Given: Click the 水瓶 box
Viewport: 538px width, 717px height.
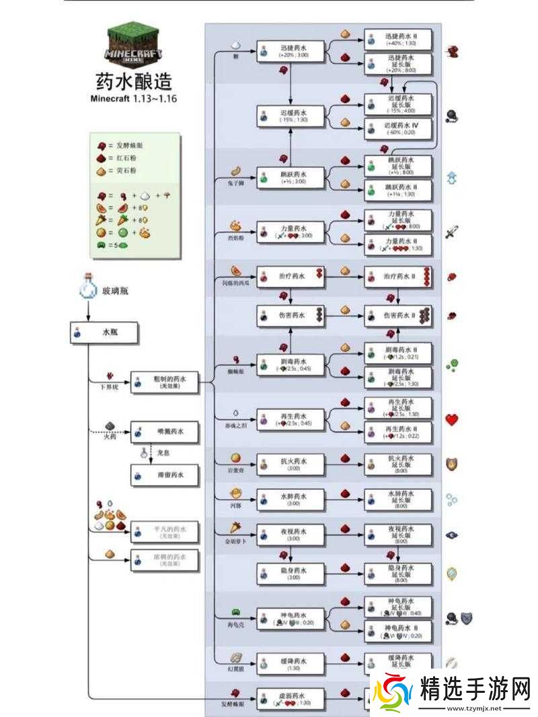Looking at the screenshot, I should click(x=104, y=333).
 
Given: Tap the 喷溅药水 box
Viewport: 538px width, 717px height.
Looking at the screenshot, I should click(x=165, y=432).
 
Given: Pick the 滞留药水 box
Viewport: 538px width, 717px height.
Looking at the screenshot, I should click(x=165, y=475).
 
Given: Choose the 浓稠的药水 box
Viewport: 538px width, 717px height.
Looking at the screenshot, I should click(x=165, y=560).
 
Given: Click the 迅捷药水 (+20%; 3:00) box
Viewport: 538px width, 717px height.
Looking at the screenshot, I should click(x=291, y=51).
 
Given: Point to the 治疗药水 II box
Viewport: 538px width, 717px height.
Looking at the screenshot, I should click(x=398, y=276).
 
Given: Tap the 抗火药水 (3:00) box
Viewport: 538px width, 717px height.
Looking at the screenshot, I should click(x=291, y=464).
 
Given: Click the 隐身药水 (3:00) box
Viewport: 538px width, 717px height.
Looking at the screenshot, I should click(x=291, y=574).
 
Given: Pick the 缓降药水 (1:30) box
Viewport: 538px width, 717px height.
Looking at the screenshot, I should click(x=291, y=663).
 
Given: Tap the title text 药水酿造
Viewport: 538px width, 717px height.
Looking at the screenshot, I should click(x=134, y=81).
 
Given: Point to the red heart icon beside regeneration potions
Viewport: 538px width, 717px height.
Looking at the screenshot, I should click(x=452, y=420).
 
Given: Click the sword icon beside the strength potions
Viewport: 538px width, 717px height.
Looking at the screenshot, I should click(x=451, y=233).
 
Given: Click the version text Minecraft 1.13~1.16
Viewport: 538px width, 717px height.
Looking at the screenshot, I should click(x=134, y=99).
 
